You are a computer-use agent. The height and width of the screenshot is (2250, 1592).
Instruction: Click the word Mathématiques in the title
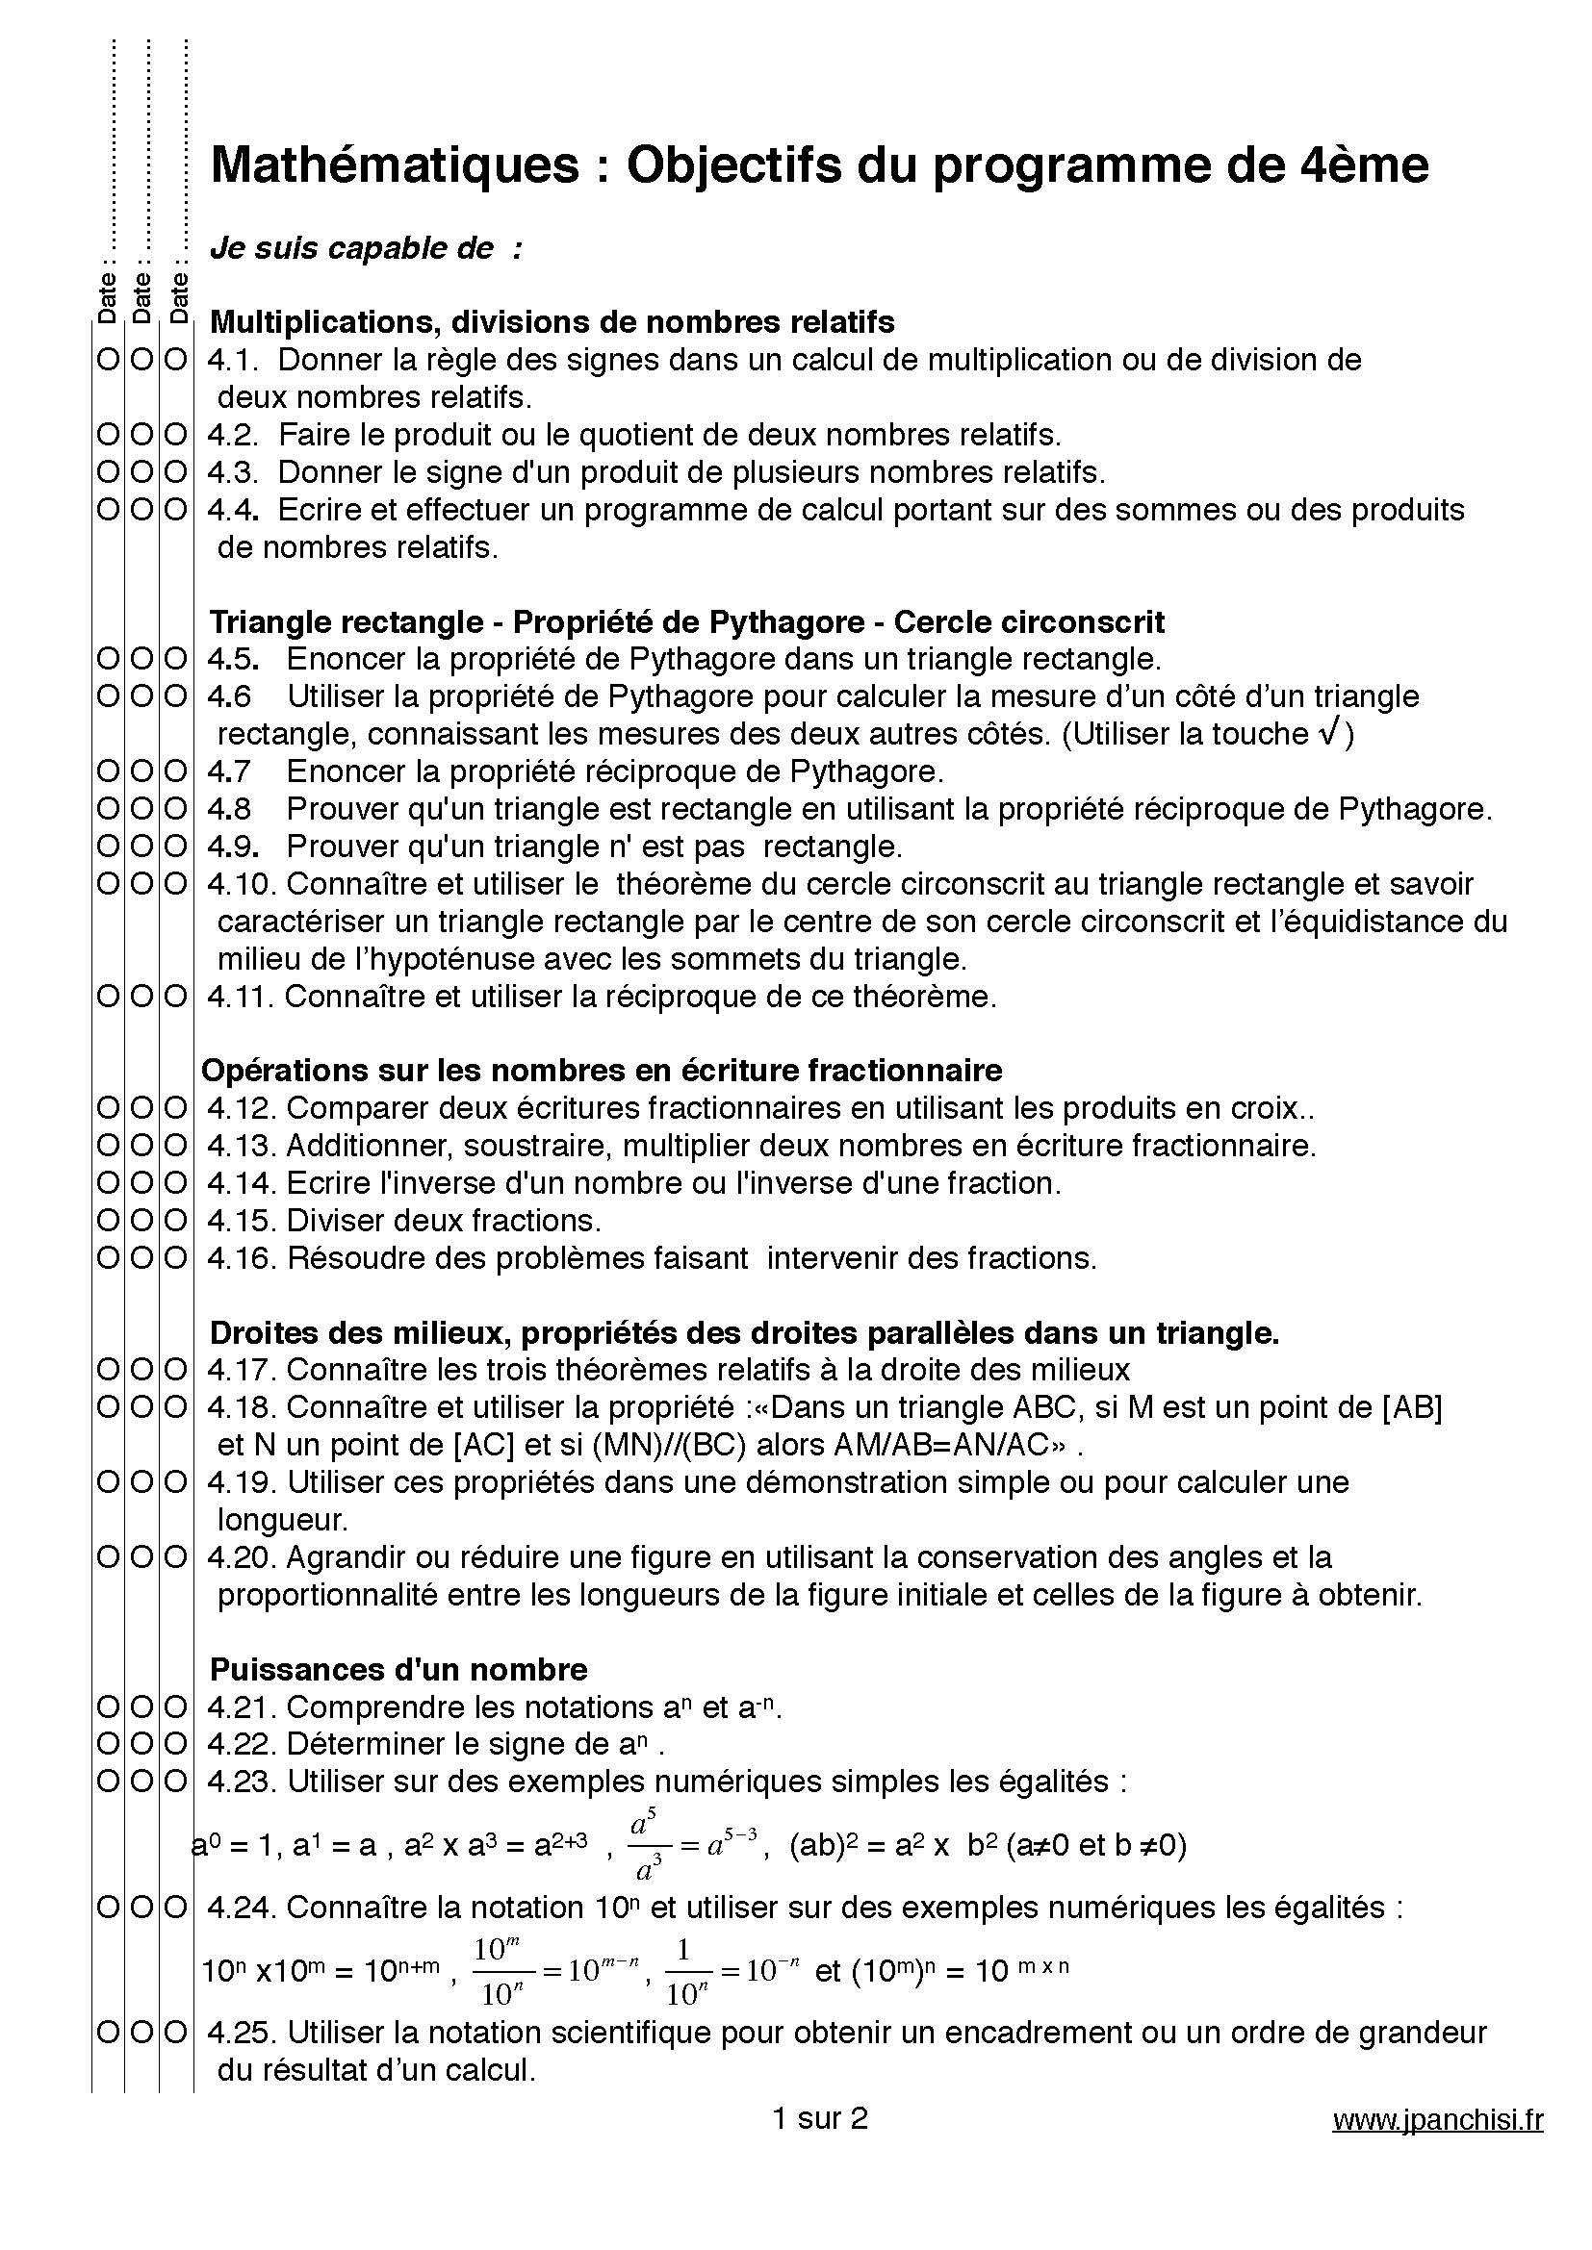[x=395, y=165]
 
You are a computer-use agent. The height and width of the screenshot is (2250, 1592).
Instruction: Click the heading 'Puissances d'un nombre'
[x=399, y=1670]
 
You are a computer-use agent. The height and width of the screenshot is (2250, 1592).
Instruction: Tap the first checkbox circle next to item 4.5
[x=107, y=660]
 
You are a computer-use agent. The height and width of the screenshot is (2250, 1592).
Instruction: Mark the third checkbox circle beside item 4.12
[x=175, y=1108]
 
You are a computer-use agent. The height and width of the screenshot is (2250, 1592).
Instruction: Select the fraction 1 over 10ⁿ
[x=687, y=1972]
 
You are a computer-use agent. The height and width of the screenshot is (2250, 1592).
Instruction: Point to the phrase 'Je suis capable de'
[x=352, y=249]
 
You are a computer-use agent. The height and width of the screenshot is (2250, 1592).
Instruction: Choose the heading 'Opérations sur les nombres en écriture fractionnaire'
[x=602, y=1070]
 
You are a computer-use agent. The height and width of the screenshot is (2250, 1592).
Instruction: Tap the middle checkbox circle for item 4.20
[x=141, y=1558]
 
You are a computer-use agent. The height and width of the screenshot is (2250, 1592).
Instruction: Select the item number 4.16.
[x=243, y=1258]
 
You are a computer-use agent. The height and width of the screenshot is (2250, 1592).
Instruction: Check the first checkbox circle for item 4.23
[x=107, y=1782]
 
